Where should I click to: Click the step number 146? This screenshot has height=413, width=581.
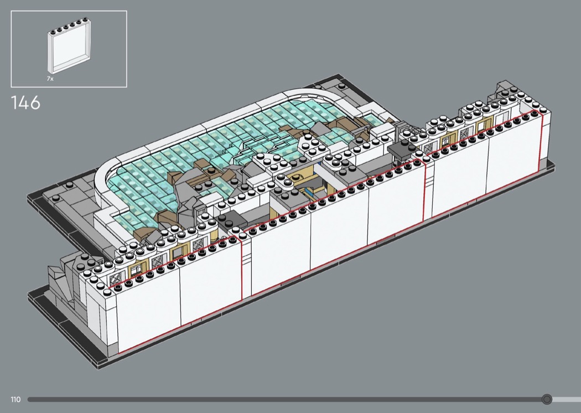[x=25, y=102]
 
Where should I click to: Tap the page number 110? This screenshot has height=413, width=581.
[x=15, y=399]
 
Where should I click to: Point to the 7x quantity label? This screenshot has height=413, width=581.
[x=50, y=79]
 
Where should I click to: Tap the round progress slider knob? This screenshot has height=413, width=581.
[x=547, y=399]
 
